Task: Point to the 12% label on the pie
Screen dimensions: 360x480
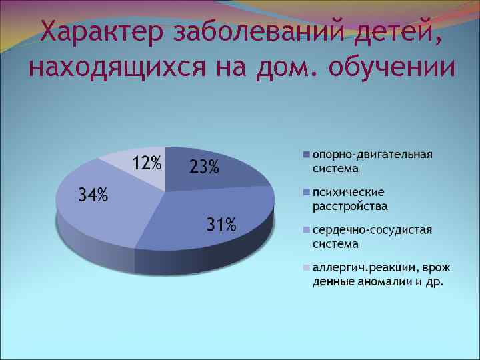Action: [146, 163]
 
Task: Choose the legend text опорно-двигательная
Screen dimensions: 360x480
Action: [373, 155]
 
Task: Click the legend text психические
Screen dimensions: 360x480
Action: [345, 193]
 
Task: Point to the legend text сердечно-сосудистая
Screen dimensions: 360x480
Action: [373, 231]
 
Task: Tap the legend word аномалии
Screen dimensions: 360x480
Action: [391, 281]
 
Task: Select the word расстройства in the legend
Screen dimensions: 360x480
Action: [350, 206]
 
